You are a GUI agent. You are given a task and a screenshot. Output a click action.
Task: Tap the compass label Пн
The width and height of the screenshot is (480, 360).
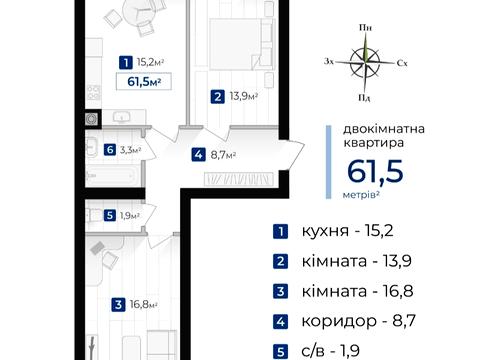coord(366,30)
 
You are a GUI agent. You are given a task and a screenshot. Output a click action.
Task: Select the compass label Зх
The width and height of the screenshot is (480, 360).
coord(331,62)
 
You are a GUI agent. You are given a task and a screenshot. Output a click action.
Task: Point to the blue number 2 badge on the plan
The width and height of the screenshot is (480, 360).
coord(218,97)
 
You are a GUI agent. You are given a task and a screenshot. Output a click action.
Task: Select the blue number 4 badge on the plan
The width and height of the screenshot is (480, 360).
coord(200,155)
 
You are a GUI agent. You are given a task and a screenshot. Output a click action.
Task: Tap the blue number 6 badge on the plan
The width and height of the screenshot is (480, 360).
coord(108,151)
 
